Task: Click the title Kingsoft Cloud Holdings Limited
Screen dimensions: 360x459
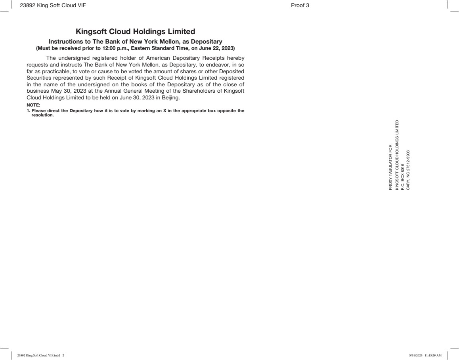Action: point(135,31)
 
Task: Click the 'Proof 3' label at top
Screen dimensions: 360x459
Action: point(300,5)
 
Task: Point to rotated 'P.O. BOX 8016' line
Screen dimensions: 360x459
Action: point(402,177)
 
